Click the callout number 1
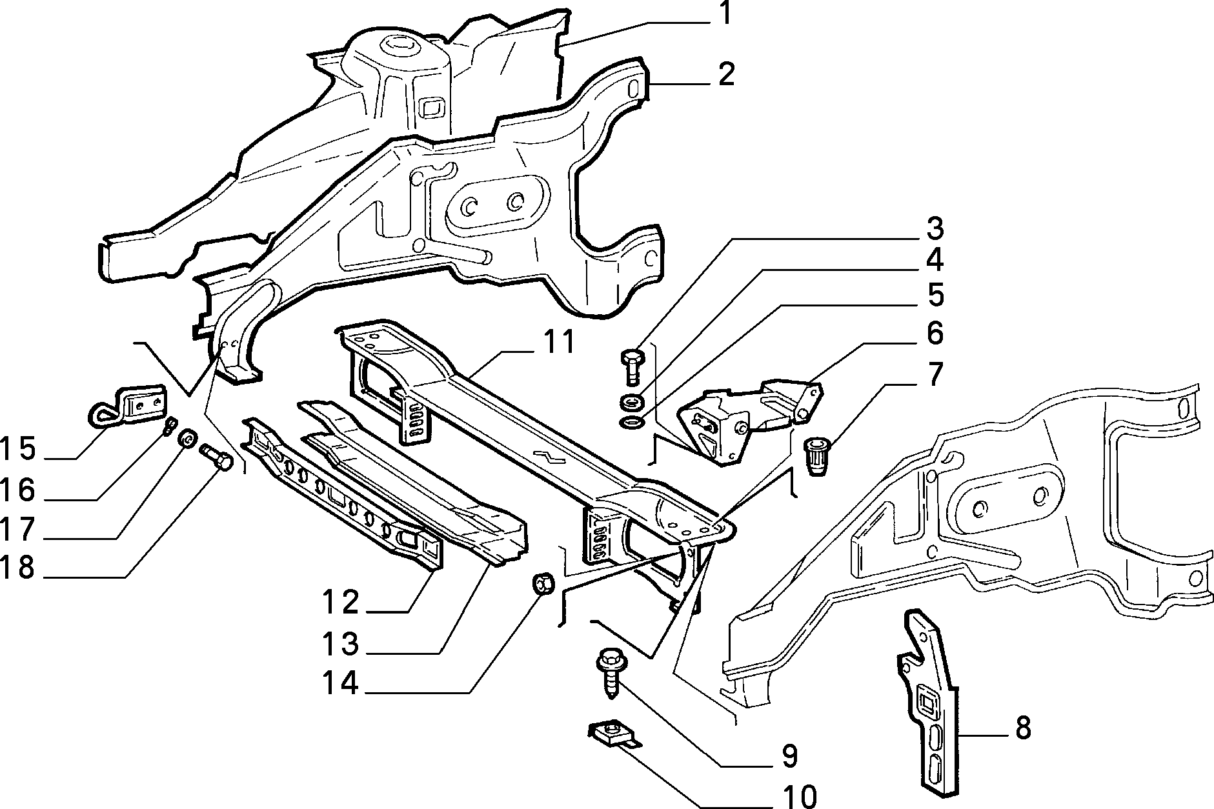pos(725,14)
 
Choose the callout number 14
pos(340,683)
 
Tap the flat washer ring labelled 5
pos(629,423)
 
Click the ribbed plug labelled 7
pos(817,455)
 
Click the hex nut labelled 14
pos(542,584)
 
